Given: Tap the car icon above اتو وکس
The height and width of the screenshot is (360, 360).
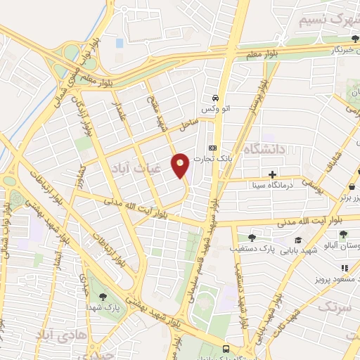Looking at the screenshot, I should (215, 98).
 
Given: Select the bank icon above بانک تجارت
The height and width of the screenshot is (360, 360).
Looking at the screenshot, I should (212, 148).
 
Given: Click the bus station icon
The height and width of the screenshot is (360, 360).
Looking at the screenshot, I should (226, 349).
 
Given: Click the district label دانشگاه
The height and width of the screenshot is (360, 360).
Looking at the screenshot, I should (263, 149).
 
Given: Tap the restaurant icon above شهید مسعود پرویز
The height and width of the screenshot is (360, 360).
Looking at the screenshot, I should (345, 268).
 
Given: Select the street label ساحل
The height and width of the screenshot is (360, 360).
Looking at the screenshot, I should (185, 126).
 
